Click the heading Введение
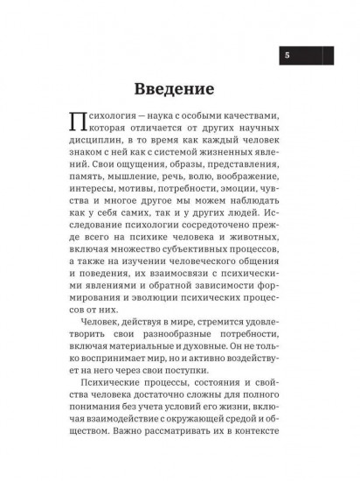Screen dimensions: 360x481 click(180, 90)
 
